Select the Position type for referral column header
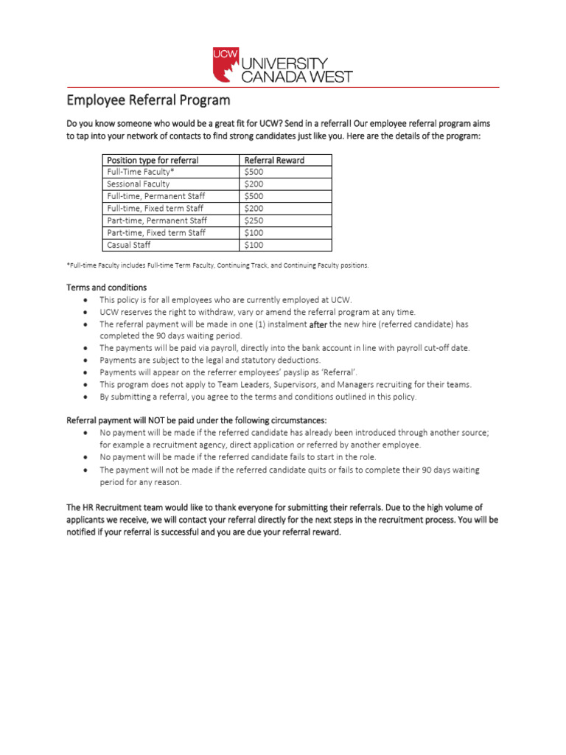153,160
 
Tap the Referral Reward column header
273,160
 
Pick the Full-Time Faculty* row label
141,172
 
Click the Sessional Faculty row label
138,184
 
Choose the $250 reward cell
253,220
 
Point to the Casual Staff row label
129,245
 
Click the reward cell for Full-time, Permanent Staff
253,196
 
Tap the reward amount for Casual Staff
253,245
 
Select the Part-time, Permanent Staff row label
157,220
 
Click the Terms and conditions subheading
107,288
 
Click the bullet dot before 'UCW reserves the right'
86,312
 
